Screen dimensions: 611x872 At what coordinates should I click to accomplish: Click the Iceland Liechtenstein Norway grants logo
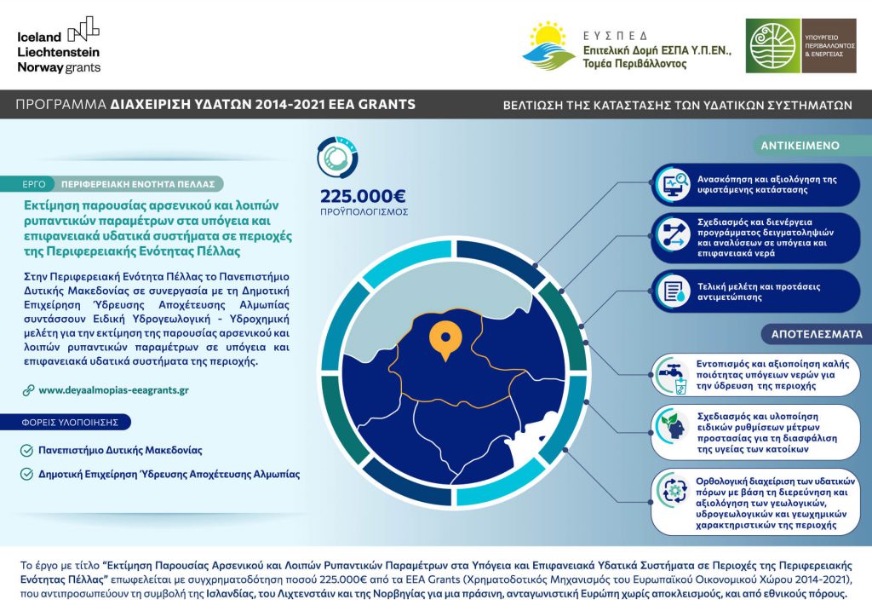[59, 44]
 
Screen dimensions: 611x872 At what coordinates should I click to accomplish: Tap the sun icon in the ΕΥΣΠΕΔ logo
[546, 37]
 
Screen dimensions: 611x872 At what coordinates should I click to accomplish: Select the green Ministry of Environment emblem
[773, 46]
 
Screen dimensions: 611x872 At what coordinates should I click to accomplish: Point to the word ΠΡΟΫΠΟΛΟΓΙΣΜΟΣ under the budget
[365, 210]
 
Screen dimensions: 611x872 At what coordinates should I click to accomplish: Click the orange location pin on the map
[441, 340]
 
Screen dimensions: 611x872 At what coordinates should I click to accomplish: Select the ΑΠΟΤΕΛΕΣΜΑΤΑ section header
[805, 333]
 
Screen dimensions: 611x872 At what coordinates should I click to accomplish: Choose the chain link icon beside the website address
[29, 389]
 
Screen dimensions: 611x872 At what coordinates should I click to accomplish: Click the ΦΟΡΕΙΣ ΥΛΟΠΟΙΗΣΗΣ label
[77, 422]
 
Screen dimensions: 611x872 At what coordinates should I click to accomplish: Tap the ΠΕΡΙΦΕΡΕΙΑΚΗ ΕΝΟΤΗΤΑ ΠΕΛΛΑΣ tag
[137, 184]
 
